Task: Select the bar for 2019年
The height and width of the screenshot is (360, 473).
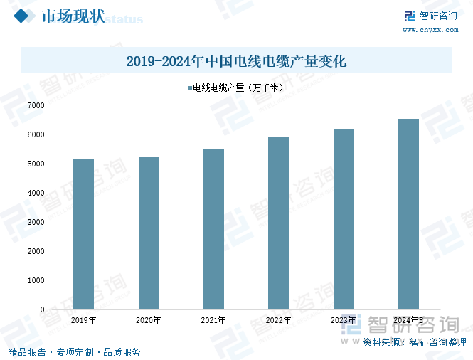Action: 84,235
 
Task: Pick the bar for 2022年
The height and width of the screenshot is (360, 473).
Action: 278,223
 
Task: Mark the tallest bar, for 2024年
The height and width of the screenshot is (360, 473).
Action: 408,214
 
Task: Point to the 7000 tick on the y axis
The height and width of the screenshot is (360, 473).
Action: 36,105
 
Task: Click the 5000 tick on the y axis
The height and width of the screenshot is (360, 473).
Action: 36,164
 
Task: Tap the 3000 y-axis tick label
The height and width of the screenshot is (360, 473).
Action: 36,222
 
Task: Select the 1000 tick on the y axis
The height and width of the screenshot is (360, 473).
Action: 36,280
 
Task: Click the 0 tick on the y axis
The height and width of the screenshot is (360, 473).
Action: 42,310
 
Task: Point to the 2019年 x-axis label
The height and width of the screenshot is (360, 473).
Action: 84,321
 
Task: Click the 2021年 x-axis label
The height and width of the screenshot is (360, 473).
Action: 213,321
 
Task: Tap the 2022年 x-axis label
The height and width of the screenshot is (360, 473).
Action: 278,321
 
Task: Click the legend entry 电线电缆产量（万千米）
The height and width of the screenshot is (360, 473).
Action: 236,88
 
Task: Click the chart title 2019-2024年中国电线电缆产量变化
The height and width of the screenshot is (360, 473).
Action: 236,61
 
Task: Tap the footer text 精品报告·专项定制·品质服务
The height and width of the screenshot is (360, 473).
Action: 74,351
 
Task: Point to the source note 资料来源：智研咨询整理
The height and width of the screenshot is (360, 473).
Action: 414,342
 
